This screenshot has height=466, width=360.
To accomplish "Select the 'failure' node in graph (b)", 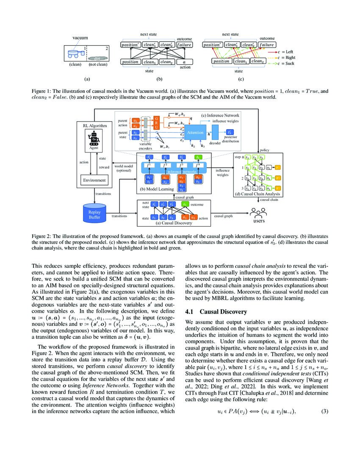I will tap(184, 44).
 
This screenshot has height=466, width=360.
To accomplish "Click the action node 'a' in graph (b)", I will tap(184, 62).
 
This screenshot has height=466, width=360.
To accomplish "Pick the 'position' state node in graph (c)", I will tap(221, 61).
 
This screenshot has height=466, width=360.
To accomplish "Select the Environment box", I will tap(94, 180).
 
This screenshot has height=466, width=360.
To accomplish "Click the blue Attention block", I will tap(195, 133).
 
